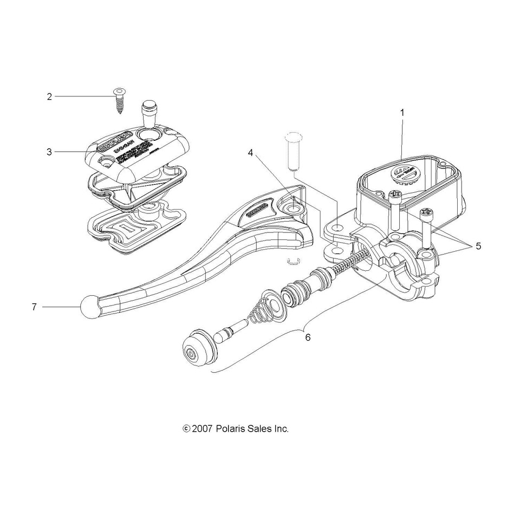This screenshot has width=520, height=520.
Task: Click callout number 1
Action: tap(402, 113)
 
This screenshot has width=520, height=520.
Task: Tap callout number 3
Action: tap(49, 152)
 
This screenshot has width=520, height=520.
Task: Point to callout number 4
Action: tap(251, 153)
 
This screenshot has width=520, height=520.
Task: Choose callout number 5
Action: tap(478, 245)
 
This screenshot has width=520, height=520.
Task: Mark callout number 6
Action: tap(308, 337)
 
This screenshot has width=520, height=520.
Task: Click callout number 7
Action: tap(34, 307)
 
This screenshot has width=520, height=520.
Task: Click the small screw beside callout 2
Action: tap(118, 99)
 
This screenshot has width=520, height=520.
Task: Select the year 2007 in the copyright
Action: tap(201, 428)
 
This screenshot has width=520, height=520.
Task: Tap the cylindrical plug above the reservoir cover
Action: tap(149, 113)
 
